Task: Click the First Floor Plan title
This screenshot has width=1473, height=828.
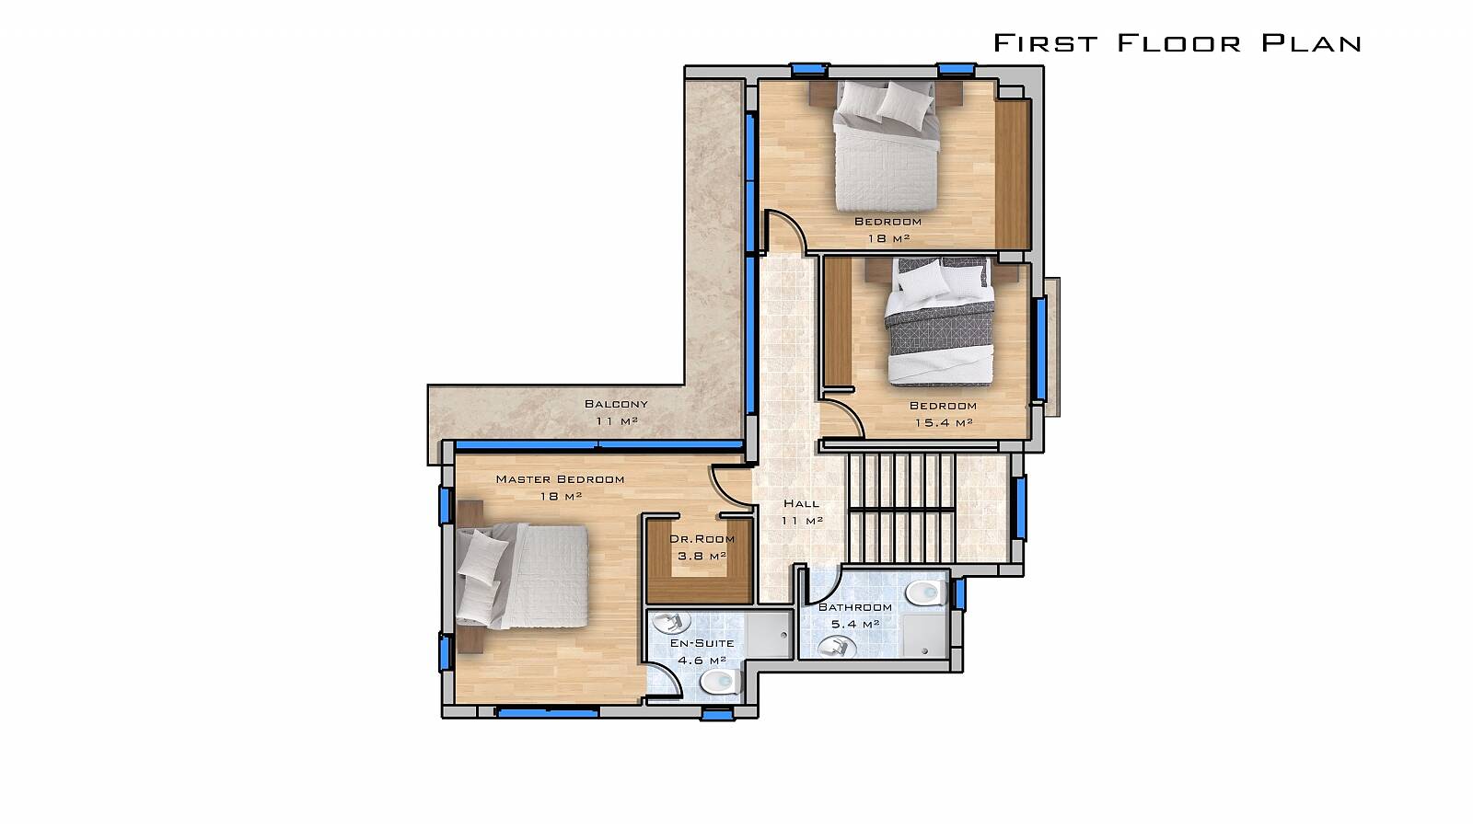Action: coord(1177,42)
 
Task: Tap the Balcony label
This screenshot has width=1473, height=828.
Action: coord(616,404)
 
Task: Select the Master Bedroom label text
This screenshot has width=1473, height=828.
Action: coord(561,479)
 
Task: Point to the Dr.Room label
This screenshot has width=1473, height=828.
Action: coord(702,539)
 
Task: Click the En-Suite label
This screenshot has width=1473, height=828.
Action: coord(702,643)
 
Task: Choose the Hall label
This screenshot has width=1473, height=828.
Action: coord(802,503)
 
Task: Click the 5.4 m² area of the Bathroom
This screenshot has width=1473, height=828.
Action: coord(855,624)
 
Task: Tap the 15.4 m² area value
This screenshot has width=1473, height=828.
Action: coord(944,422)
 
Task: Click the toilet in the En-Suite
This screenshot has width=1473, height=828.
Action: coord(721,682)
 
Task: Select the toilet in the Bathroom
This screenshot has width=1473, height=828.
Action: coord(925,592)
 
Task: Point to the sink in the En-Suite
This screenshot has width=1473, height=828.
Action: coord(671,621)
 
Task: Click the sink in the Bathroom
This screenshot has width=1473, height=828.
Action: coord(837,648)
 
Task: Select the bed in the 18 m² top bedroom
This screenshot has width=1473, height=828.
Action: coord(885,145)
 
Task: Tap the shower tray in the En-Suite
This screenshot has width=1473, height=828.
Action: coord(769,634)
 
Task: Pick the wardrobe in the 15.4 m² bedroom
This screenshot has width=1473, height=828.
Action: coord(838,321)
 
